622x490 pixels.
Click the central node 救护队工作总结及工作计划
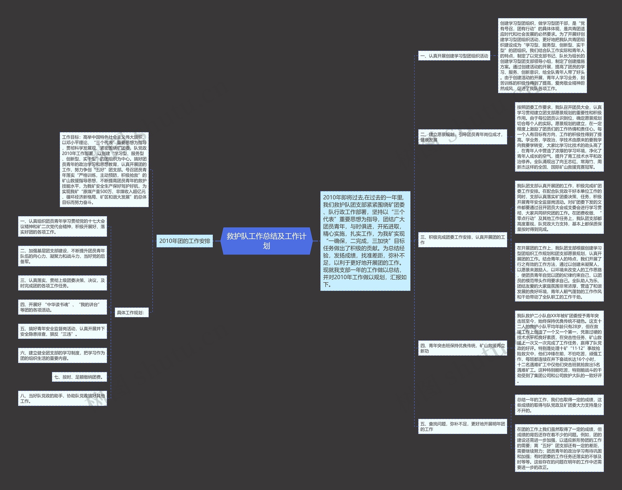pos(267,241)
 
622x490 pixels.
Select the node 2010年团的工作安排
pos(184,241)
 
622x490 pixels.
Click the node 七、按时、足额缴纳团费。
pos(79,377)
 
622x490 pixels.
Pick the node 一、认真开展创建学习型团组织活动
pos(454,56)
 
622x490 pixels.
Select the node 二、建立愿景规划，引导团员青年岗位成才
pos(462,137)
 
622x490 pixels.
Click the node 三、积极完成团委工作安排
pos(462,240)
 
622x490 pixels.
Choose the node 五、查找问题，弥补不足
pos(462,426)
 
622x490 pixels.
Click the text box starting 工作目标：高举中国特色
pos(104,170)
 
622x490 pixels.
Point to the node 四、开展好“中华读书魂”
pos(62,307)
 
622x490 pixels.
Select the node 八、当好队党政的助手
pos(62,398)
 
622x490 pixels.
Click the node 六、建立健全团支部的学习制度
pos(62,355)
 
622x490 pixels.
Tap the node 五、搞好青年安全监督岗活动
pos(62,331)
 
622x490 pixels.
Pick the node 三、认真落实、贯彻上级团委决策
pos(62,283)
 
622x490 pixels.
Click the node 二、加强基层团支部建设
pos(62,256)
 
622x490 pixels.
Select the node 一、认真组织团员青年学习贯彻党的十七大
pos(62,226)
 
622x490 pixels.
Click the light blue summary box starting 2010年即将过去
pos(365,241)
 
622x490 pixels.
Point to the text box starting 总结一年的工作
pos(559,405)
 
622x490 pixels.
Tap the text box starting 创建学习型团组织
pos(542,56)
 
